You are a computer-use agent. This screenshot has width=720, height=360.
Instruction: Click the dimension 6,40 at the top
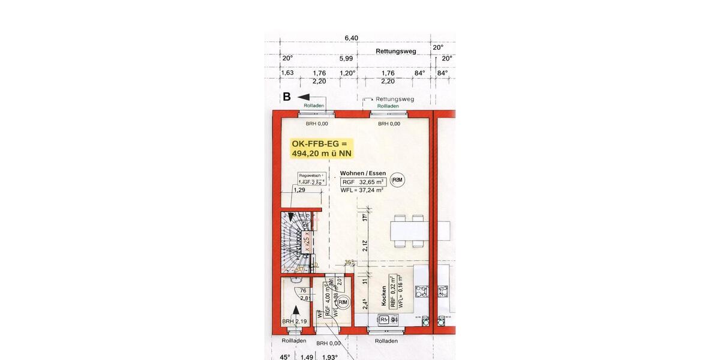click(351, 38)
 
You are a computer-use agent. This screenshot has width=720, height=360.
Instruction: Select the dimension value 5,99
click(346, 58)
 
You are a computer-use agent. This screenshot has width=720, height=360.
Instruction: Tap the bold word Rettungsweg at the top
click(395, 51)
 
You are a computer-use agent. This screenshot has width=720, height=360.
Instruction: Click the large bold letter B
click(287, 97)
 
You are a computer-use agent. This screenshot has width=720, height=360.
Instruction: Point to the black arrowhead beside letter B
click(302, 97)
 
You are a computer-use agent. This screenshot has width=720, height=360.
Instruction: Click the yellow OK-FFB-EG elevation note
click(319, 148)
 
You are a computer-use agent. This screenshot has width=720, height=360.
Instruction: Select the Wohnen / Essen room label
click(363, 173)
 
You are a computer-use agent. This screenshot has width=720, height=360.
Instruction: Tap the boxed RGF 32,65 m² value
click(363, 182)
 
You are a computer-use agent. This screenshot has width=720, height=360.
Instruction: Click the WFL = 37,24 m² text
click(362, 191)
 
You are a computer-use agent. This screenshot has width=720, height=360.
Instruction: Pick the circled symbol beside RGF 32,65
click(397, 180)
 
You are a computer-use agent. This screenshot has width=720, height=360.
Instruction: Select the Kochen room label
click(383, 296)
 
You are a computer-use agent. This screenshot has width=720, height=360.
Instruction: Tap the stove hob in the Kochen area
click(422, 291)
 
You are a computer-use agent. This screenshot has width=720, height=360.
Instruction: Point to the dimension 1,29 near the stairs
click(299, 190)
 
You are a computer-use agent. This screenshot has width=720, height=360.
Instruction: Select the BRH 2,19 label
click(294, 322)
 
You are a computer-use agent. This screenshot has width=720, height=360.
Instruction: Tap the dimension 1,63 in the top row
click(287, 73)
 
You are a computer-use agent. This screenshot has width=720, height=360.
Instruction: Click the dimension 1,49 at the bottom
click(307, 356)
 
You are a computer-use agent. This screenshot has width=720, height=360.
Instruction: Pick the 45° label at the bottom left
click(285, 356)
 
